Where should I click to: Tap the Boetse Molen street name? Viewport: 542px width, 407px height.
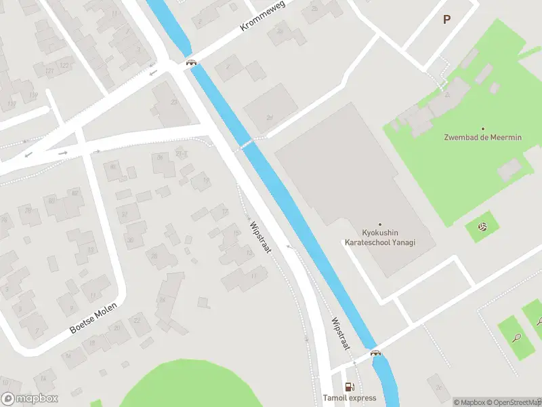click(x=93, y=318)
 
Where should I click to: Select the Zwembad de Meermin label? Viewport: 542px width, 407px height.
click(x=483, y=138)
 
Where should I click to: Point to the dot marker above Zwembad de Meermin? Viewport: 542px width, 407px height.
click(x=483, y=128)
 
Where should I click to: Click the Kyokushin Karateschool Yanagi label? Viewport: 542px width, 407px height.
click(x=379, y=237)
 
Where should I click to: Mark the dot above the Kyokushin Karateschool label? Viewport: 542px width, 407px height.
click(x=379, y=225)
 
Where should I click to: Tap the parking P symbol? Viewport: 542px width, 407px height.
click(x=446, y=20)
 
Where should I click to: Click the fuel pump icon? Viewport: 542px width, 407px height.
click(x=349, y=387)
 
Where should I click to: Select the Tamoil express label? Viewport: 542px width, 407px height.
click(x=349, y=398)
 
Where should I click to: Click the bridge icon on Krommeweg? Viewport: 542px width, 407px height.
click(x=192, y=63)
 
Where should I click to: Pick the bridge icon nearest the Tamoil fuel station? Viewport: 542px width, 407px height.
click(x=375, y=353)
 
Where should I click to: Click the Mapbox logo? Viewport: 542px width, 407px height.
click(x=30, y=399)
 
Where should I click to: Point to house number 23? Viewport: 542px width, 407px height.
click(x=174, y=102)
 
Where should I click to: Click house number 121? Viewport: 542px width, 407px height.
click(x=49, y=71)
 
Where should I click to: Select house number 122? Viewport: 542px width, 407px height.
click(x=64, y=65)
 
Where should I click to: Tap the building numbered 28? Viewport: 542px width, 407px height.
click(x=154, y=256)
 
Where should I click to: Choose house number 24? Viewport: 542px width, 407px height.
click(x=161, y=299)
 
